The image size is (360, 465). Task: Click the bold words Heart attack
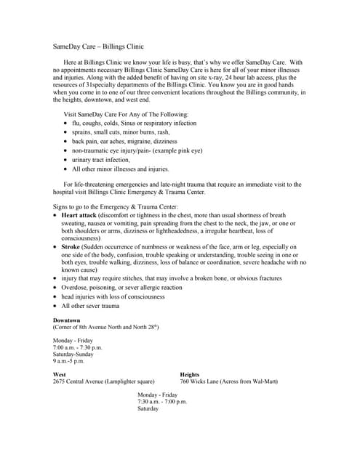click(79, 216)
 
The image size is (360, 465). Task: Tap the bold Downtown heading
click(67, 320)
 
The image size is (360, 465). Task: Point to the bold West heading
click(60, 375)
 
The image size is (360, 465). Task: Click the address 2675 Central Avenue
click(79, 381)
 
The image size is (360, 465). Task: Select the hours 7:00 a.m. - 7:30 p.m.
click(78, 347)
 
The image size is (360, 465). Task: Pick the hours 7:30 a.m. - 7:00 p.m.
click(162, 402)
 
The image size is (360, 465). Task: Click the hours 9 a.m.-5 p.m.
click(69, 361)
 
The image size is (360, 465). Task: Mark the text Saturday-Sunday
click(73, 355)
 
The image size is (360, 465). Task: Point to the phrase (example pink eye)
click(172, 150)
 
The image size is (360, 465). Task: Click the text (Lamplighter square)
click(129, 381)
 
